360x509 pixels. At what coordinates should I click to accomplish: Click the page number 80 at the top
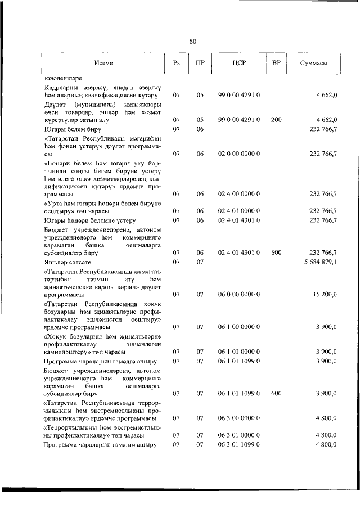click(x=192, y=41)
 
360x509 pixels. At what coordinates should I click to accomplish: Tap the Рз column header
click(x=176, y=63)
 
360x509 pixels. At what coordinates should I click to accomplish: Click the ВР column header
click(x=276, y=63)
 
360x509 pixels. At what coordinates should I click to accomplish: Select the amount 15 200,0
click(x=324, y=294)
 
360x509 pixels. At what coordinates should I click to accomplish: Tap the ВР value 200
click(x=276, y=120)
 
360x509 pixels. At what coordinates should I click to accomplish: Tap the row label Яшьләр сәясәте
click(x=68, y=262)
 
